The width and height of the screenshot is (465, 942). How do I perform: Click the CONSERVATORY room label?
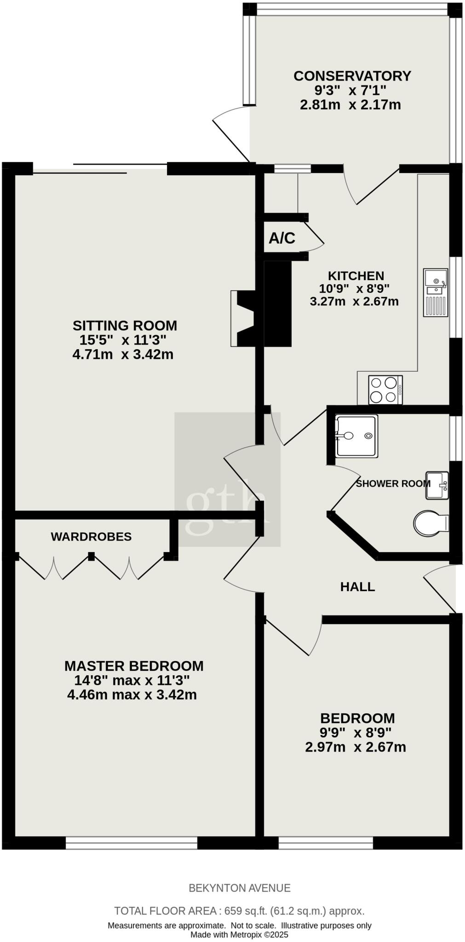352,75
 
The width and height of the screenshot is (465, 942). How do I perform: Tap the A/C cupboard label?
281,238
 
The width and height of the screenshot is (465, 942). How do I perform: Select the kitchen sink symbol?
435,293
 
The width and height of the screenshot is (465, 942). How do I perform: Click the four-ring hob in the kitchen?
385,390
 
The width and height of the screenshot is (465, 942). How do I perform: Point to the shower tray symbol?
356,436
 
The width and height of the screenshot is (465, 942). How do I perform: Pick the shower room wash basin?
436,485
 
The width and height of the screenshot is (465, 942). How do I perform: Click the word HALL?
357,586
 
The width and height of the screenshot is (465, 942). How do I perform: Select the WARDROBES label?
91,536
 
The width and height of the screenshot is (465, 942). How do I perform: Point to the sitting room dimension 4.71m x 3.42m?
123,355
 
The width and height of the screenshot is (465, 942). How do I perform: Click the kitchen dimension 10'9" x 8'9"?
354,289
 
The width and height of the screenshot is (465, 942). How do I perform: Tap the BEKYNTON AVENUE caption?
240,888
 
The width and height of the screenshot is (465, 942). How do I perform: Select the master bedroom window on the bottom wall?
131,843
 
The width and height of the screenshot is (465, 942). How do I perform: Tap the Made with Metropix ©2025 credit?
239,934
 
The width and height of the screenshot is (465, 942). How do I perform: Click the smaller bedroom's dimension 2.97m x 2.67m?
355,747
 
